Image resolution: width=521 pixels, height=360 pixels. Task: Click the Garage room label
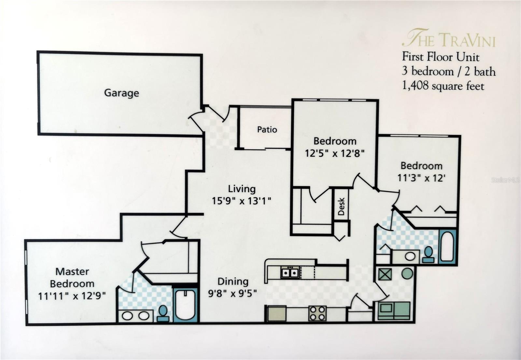click(x=121, y=93)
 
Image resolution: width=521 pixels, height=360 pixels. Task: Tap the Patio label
click(x=267, y=130)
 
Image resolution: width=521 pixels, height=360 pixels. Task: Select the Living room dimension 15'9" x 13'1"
click(x=241, y=201)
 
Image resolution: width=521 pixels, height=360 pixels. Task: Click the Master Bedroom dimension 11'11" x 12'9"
click(x=72, y=296)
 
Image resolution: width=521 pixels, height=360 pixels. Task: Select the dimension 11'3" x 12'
click(x=421, y=178)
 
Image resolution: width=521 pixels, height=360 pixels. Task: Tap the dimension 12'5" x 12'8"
click(x=334, y=153)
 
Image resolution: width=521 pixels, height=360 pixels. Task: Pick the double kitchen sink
click(x=290, y=272)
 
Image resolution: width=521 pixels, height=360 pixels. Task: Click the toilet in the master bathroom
click(x=163, y=313)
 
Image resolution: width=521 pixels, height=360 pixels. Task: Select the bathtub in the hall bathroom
click(x=448, y=246)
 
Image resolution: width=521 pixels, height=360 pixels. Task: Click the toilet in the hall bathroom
click(x=429, y=254)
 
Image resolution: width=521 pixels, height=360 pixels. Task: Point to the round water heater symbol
click(x=407, y=273)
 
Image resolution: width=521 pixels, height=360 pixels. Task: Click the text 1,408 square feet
click(x=443, y=86)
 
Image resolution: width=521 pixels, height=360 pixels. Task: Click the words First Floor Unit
click(x=440, y=57)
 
